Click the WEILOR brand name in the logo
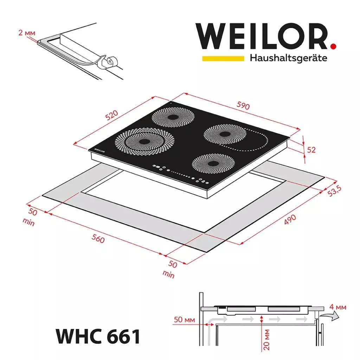(x=262, y=37)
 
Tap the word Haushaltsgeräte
(x=288, y=58)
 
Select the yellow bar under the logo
(x=223, y=58)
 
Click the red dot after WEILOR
(x=333, y=46)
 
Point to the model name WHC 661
(x=98, y=336)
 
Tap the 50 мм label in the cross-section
(x=184, y=320)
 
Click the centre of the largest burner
(x=144, y=141)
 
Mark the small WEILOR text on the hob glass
(x=99, y=150)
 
